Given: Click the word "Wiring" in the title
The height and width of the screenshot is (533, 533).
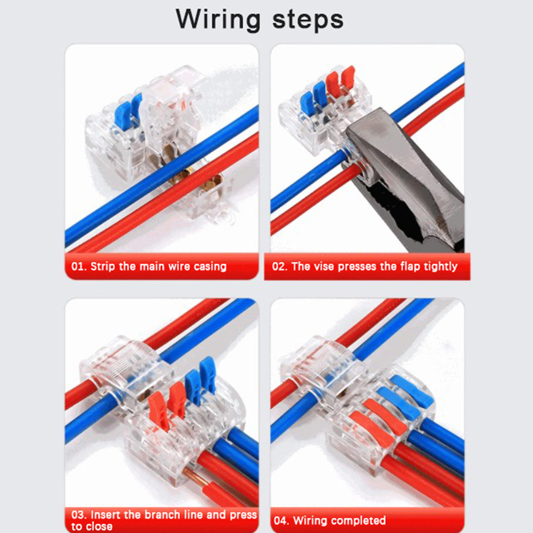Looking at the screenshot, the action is tap(218, 20).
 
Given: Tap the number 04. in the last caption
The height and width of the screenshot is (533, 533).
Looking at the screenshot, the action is tap(281, 521).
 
